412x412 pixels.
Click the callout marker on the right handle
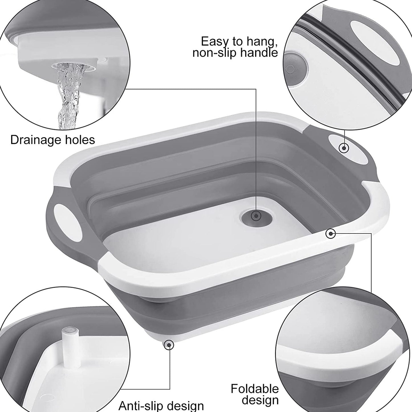coord(344,148)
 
